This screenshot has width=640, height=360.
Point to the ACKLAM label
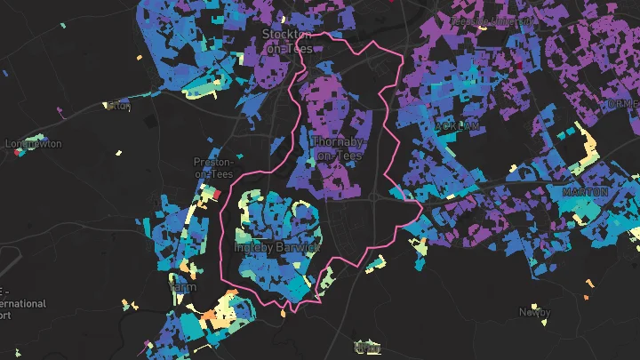tap(458, 127)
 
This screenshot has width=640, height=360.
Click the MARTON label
tap(585, 192)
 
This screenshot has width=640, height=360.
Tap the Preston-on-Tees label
tap(213, 168)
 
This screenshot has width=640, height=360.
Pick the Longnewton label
tap(34, 143)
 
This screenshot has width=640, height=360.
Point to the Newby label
tap(535, 313)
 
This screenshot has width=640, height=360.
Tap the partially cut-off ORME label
tap(622, 104)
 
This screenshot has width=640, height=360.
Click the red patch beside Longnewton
tap(17, 151)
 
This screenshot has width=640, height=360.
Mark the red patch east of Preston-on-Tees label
tap(214, 192)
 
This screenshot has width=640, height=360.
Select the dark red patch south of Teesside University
tap(520, 64)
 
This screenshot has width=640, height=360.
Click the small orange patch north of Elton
tap(140, 60)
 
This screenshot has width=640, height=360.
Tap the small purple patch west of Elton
tap(60, 111)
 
